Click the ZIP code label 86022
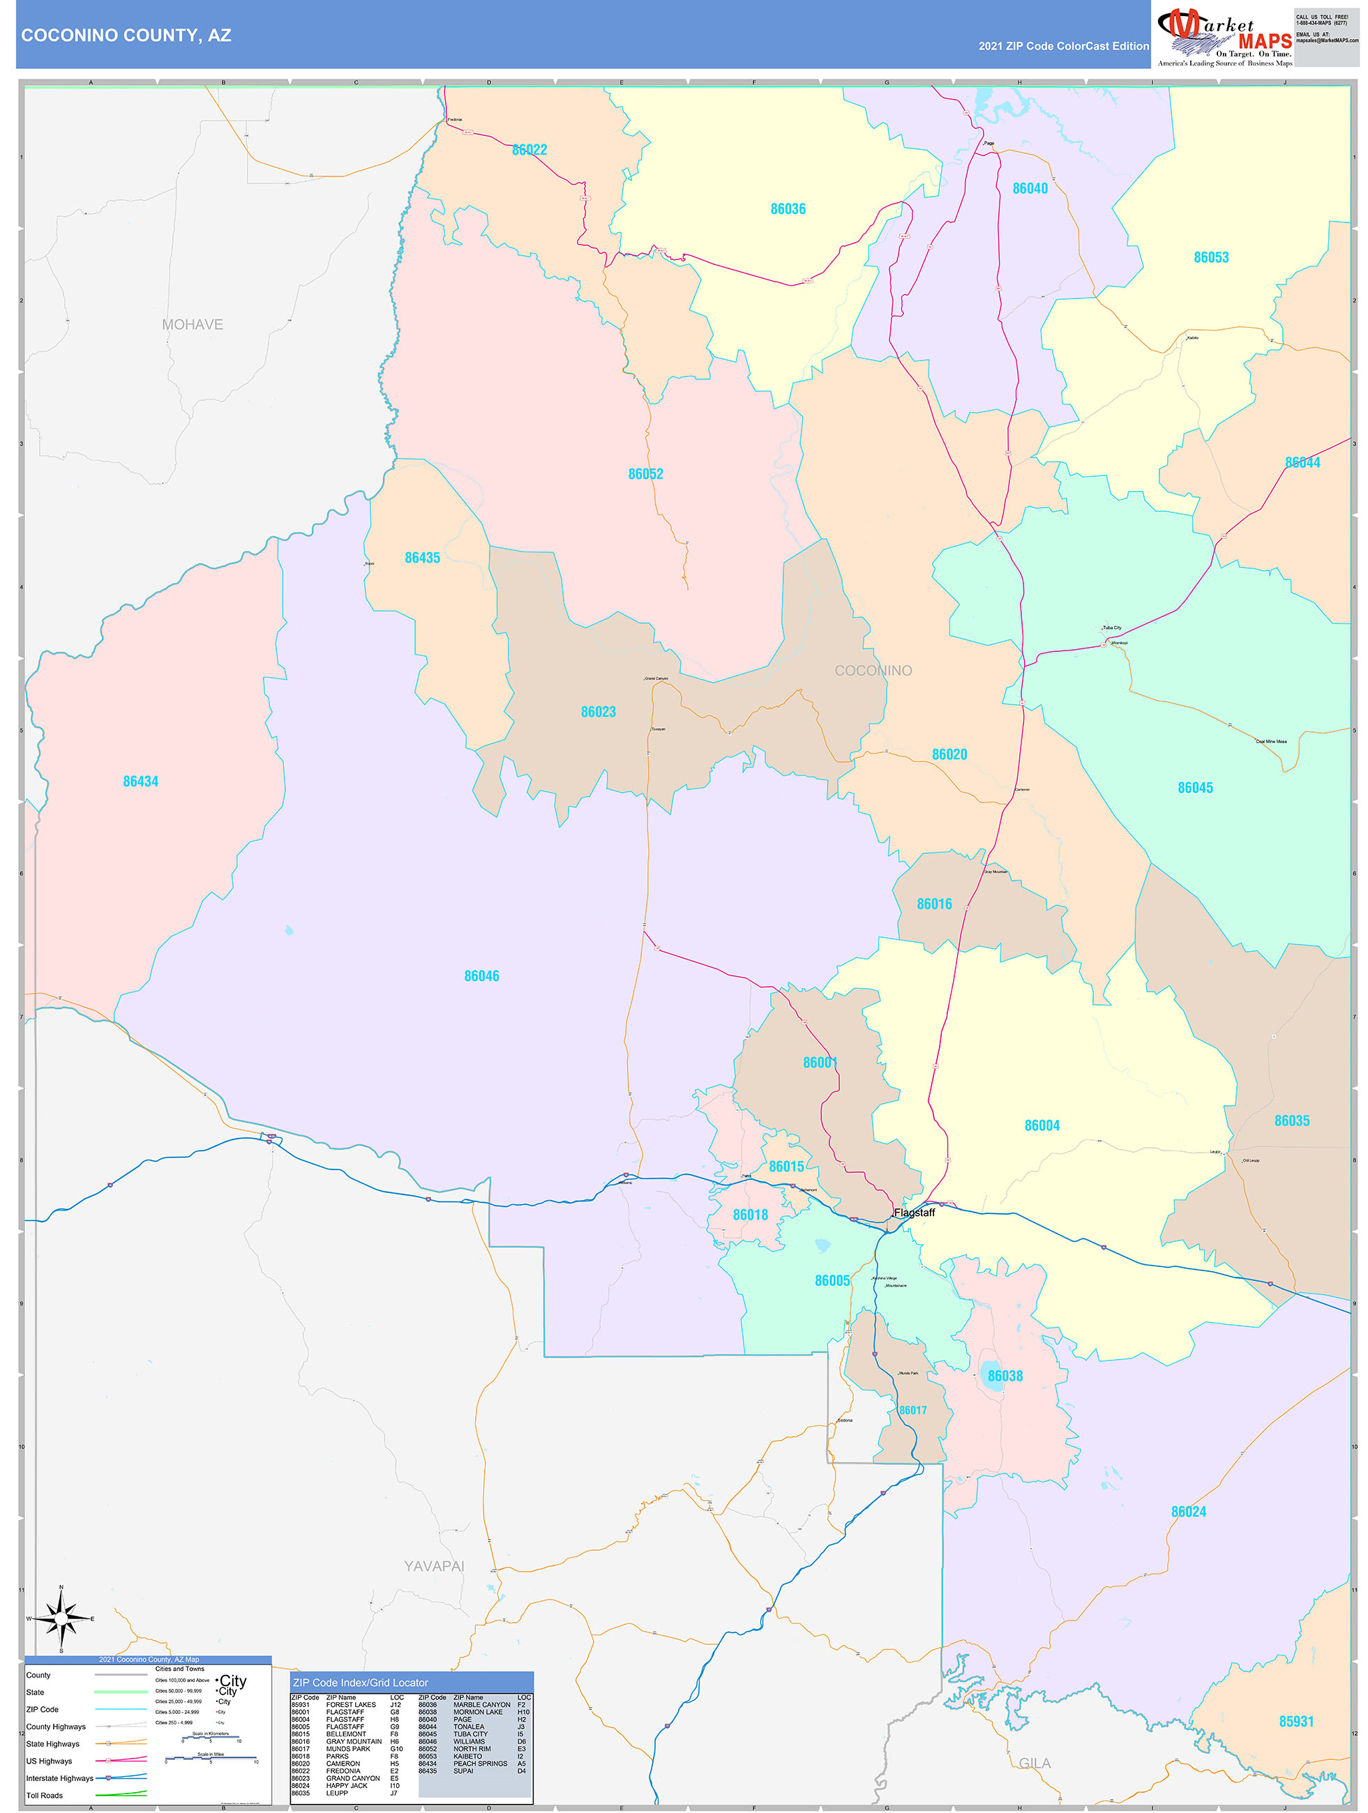pos(529,150)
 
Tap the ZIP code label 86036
pos(788,209)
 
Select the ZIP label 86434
pos(140,781)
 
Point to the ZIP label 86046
pos(481,976)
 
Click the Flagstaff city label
pos(914,1212)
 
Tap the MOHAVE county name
pos(192,324)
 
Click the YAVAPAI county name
pos(434,1565)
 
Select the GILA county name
pos(1035,1763)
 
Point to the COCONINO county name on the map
pos(873,670)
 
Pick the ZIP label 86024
pos(1189,1511)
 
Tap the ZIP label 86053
pos(1210,257)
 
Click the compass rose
pos(61,1618)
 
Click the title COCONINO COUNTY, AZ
pos(126,36)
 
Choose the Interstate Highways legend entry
pos(59,1777)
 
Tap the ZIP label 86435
pos(422,557)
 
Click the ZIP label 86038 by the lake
pos(1005,1376)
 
